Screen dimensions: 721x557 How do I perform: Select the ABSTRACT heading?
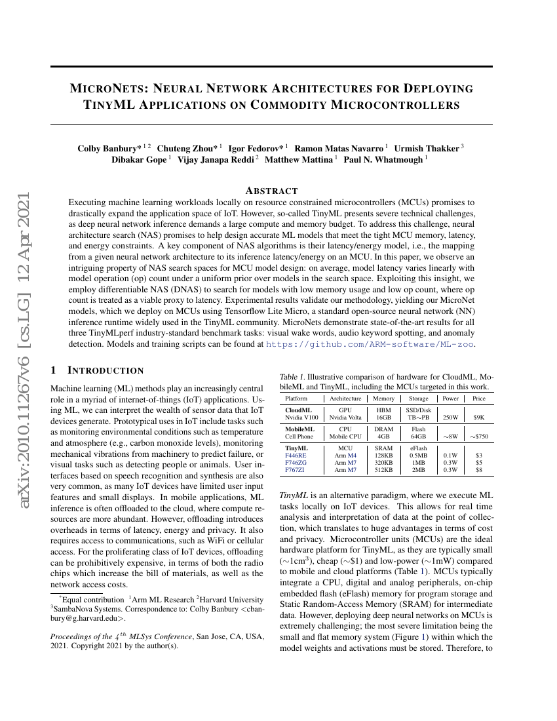click(x=271, y=191)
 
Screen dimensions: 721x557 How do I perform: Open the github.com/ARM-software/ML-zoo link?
click(x=370, y=343)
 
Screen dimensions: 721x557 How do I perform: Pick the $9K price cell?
click(x=479, y=417)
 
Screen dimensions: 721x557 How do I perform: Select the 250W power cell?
click(x=450, y=417)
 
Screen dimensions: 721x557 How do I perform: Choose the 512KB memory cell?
click(x=383, y=470)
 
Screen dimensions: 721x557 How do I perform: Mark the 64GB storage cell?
click(x=418, y=436)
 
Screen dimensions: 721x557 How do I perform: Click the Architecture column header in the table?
click(x=345, y=398)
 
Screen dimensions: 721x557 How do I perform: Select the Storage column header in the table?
click(x=418, y=398)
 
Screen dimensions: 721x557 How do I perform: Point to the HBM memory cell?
click(x=383, y=410)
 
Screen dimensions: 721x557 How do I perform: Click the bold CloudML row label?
click(x=298, y=410)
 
